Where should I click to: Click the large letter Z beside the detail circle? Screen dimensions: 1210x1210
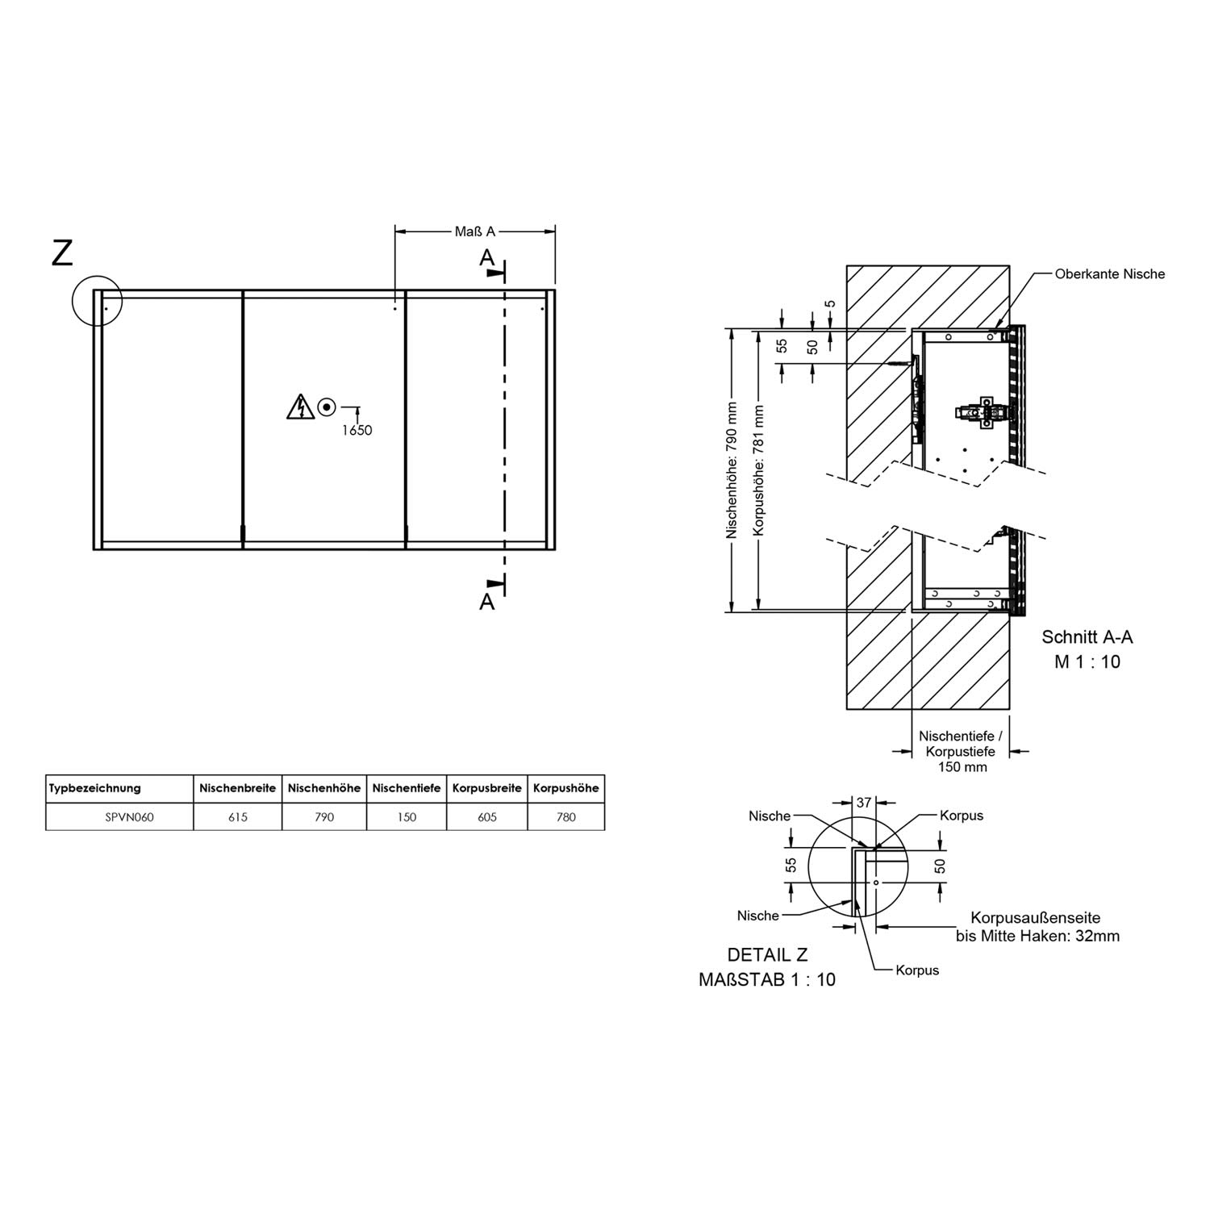(x=62, y=252)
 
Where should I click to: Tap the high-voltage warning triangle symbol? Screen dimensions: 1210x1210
(x=300, y=407)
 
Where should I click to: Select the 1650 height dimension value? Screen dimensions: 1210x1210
(x=357, y=430)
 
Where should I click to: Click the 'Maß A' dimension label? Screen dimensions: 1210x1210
(x=474, y=232)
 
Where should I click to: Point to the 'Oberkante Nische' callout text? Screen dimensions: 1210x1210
(x=1110, y=274)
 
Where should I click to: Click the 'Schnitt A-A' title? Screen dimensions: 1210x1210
(x=1087, y=637)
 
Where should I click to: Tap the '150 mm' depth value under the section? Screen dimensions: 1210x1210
(x=962, y=767)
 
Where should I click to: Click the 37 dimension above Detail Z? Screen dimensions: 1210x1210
(x=864, y=803)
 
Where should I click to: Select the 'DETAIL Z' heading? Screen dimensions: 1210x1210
(x=767, y=955)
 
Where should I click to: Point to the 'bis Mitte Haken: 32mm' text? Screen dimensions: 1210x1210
(x=1037, y=937)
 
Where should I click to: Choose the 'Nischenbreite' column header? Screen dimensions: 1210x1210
(x=238, y=788)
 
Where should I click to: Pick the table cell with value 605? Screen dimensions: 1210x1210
(x=487, y=817)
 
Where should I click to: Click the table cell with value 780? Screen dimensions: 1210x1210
(x=566, y=817)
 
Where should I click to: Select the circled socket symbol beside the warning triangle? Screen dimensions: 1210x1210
(x=327, y=407)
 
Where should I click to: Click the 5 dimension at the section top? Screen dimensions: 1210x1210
(x=830, y=304)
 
